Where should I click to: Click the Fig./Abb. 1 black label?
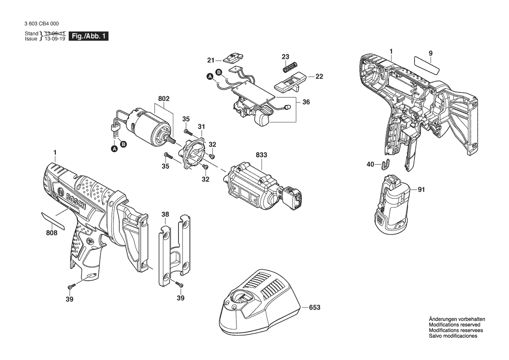88,36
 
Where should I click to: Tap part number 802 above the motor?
164,98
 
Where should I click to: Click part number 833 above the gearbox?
261,155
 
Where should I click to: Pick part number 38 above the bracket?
165,214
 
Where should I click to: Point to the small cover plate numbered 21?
234,58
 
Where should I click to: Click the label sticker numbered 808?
53,220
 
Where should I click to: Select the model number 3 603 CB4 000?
41,24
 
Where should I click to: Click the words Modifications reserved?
455,325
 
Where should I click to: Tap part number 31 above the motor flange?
201,126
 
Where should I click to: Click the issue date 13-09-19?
55,38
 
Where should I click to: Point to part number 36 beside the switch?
306,102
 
